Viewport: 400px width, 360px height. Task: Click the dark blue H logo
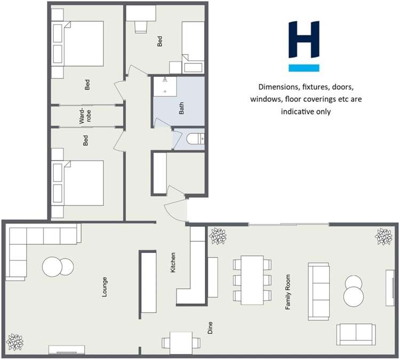click(x=304, y=39)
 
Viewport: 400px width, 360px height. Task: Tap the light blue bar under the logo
click(x=304, y=68)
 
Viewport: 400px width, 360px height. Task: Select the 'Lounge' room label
click(x=105, y=286)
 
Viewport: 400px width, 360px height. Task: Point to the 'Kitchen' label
click(x=173, y=263)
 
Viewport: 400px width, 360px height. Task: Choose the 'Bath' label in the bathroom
click(x=181, y=108)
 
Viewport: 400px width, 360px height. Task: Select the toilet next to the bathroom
click(x=195, y=139)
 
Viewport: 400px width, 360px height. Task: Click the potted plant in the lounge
click(x=14, y=342)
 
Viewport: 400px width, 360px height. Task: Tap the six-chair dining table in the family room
click(x=252, y=280)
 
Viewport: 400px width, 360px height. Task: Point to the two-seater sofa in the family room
click(x=356, y=333)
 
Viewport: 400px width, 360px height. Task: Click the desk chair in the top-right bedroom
click(x=141, y=27)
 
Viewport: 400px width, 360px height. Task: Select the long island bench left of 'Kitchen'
click(x=148, y=282)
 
